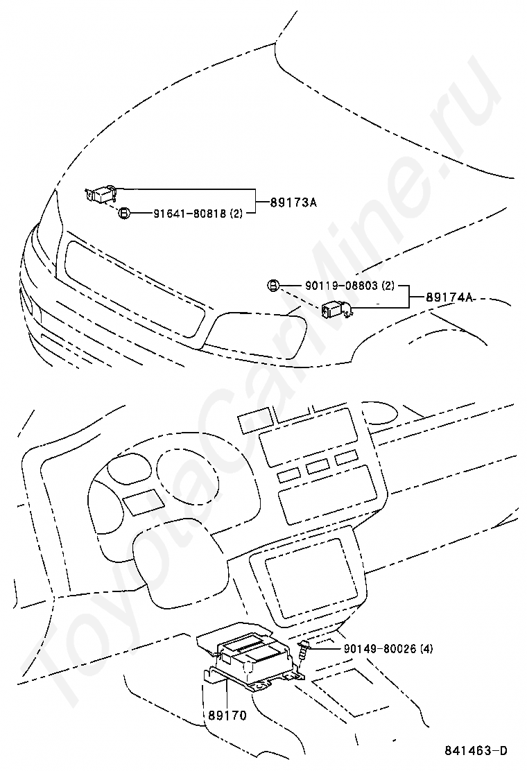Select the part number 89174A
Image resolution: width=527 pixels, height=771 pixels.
449,297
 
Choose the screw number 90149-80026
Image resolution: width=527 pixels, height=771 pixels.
379,649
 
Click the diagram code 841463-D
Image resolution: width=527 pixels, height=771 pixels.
476,751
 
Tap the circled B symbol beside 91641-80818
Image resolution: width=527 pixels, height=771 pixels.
123,214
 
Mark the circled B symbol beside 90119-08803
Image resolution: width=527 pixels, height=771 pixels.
273,285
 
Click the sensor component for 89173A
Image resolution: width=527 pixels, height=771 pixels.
101,193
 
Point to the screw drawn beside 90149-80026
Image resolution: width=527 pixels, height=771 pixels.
303,652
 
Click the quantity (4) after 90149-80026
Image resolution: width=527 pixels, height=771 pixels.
426,649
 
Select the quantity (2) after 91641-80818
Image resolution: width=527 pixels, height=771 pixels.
236,214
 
